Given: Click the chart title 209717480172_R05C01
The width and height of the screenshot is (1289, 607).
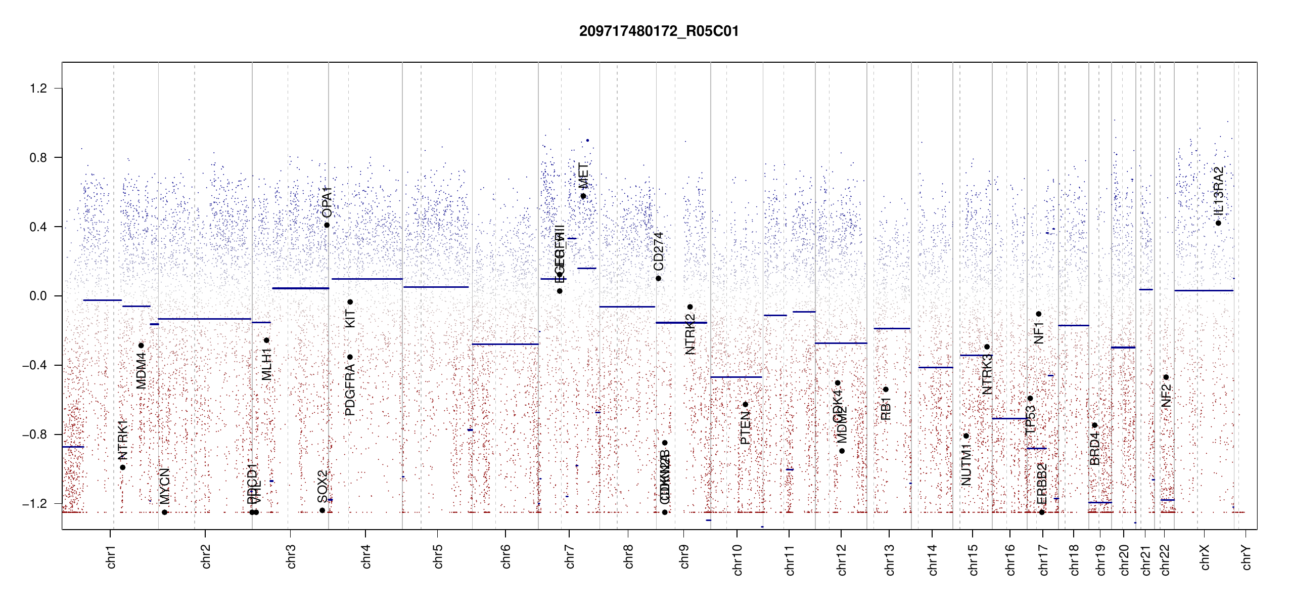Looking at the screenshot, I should coord(659,31).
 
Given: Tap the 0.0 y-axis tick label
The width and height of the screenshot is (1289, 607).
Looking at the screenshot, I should coord(38,296).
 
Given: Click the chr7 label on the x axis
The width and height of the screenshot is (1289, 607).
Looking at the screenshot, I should coord(570,556).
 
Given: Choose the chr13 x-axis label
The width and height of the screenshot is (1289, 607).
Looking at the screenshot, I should coord(889,559).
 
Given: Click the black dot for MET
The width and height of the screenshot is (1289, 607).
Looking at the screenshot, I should coord(583,196).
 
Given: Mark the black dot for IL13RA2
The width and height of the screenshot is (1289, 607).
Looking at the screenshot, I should coord(1218,223).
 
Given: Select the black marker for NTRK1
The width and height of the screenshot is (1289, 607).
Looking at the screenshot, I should coord(123,467).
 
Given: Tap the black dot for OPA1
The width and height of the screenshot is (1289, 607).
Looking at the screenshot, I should coord(327,225).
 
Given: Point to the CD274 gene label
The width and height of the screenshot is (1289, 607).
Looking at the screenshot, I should coord(658,251).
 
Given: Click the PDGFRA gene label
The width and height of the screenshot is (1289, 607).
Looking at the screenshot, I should coord(350,390).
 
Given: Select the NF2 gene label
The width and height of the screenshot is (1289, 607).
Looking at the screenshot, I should coord(1166,396).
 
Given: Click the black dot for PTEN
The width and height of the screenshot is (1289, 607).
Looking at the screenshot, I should coord(745,405).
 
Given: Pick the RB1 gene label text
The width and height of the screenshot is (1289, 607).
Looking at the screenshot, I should coord(886,409).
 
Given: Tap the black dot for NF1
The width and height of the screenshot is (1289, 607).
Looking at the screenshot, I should coord(1039,314).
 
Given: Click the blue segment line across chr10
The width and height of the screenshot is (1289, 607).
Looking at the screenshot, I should coord(735,377).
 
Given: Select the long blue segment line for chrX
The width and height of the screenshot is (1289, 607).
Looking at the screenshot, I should coord(1204,290).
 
